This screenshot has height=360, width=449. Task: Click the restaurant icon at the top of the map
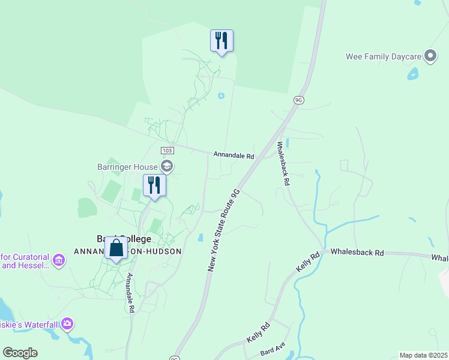pos(221,41)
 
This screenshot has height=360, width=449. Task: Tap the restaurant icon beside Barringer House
pos(154,185)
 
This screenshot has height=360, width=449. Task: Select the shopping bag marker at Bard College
pos(116,247)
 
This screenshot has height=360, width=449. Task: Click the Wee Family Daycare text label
pos(384,56)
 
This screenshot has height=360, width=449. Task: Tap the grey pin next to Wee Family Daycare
pos(430,56)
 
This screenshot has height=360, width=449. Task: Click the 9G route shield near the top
pos(298,100)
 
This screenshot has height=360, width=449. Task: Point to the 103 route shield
pos(167,150)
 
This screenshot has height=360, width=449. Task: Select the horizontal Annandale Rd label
pos(234,155)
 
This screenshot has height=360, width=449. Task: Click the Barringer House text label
pos(127,167)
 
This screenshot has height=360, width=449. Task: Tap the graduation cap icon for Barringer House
pos(167,167)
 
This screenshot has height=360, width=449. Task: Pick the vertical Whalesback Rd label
pos(283,163)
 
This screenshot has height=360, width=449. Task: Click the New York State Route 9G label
pos(223,230)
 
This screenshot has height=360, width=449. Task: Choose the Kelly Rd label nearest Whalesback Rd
pos(307,262)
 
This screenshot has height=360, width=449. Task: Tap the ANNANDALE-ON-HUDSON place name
pos(127,251)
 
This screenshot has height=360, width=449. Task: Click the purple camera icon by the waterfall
pos(67,324)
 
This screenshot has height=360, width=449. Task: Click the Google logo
pos(20,353)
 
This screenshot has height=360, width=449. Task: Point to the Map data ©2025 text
pos(423,355)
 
